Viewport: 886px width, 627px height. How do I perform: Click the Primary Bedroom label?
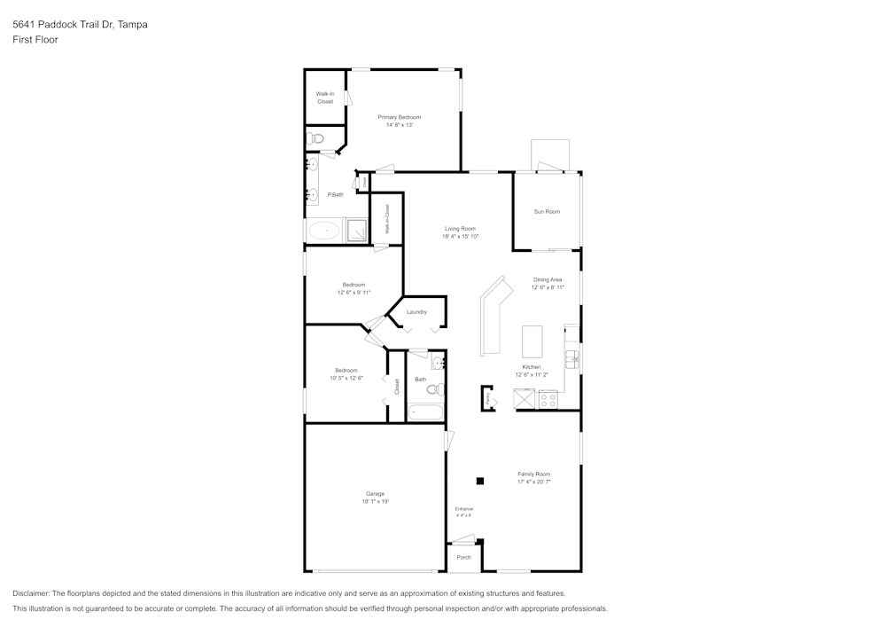pos(399,117)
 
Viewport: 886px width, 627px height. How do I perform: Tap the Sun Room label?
pos(547,211)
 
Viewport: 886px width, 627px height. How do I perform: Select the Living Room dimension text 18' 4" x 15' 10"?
pos(460,237)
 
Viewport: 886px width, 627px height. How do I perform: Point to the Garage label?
pos(375,493)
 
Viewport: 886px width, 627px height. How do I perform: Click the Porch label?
pos(463,557)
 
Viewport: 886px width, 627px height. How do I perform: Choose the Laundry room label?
pos(416,312)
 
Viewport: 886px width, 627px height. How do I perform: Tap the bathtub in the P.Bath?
pos(325,231)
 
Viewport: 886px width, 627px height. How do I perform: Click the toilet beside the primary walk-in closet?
pos(316,138)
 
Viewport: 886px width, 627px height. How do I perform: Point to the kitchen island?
pos(532,340)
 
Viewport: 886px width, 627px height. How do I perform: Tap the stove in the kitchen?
pos(548,399)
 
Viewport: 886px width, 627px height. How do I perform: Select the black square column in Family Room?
pos(480,481)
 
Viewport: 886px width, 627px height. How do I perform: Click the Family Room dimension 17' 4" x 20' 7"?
pos(534,482)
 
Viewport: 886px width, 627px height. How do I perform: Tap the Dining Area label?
pos(547,279)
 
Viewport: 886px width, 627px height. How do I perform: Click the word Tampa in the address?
pos(133,25)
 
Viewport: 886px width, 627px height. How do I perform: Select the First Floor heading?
pos(35,40)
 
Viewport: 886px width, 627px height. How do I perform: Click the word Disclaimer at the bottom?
pos(31,593)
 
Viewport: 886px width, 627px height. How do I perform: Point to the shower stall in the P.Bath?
pos(357,230)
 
